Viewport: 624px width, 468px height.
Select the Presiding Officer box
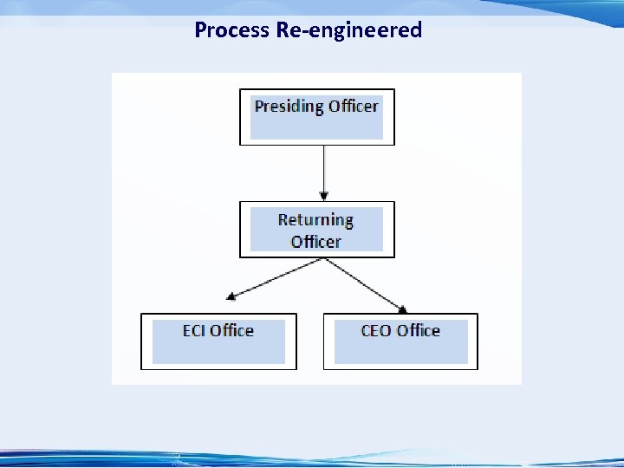316,117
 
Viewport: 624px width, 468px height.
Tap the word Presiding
289,107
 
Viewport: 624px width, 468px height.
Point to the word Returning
315,219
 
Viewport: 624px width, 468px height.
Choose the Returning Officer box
316,230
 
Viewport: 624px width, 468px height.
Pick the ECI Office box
218,341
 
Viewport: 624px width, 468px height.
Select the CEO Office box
400,341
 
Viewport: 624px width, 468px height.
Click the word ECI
194,330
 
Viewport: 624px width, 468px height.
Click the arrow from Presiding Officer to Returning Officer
323,172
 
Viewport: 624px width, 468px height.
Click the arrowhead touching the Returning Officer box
323,197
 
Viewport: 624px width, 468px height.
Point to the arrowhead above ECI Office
231,297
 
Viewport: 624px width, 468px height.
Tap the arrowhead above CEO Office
403,308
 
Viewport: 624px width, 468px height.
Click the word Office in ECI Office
232,330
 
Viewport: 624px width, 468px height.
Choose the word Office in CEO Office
418,330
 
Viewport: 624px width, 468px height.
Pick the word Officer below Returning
315,242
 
